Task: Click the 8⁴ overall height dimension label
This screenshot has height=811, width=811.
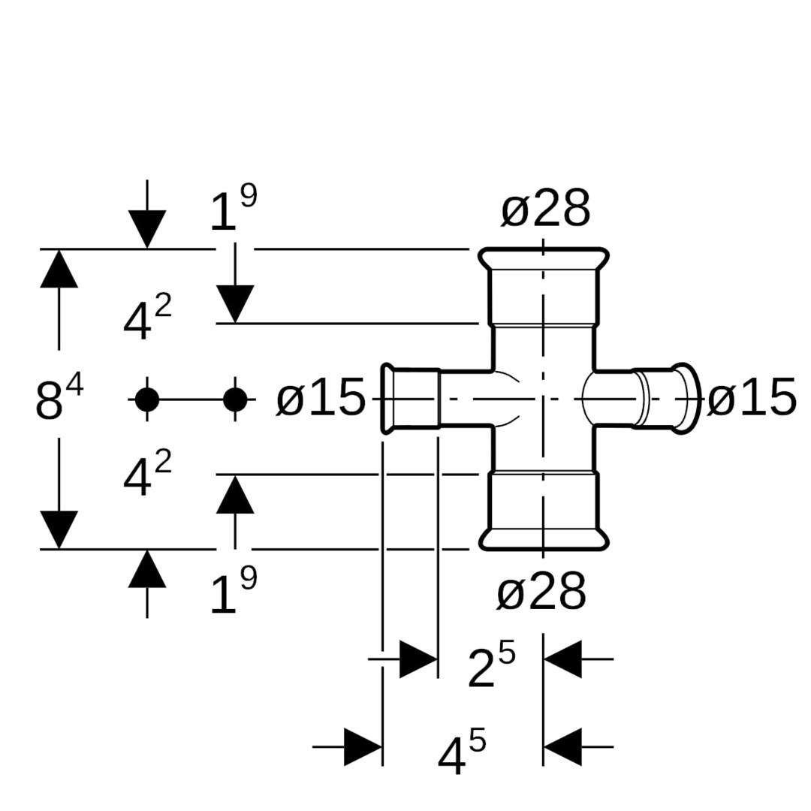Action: [x=59, y=399]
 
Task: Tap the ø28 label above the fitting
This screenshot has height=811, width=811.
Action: [x=546, y=210]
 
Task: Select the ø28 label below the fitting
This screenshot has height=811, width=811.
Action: [x=541, y=593]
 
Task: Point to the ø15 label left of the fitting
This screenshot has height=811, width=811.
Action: [x=321, y=398]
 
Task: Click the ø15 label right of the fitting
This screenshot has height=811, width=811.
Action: [x=752, y=398]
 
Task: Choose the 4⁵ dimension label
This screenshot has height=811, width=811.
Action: [x=462, y=754]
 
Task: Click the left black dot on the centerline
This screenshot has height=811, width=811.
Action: [x=146, y=399]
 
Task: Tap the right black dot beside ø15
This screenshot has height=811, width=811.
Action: [x=235, y=399]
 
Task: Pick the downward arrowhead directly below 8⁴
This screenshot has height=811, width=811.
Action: [x=59, y=529]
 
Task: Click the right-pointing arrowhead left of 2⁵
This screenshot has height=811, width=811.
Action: [x=418, y=659]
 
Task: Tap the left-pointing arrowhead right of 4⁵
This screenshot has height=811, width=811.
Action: [x=562, y=746]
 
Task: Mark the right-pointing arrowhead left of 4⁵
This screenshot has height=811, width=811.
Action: [x=363, y=746]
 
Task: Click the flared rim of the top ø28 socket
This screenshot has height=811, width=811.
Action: [x=544, y=259]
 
